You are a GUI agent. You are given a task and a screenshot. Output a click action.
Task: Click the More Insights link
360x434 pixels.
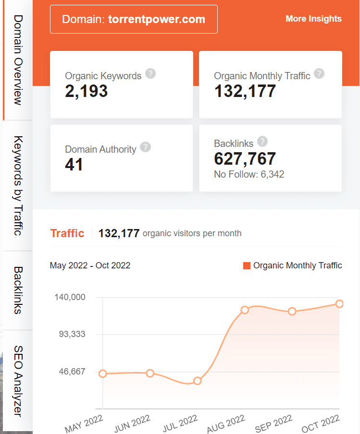[x=313, y=19]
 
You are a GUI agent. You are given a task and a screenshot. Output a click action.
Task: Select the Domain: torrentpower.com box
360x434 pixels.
[x=134, y=19]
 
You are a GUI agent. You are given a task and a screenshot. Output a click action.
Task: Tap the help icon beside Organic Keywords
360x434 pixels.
[x=151, y=73]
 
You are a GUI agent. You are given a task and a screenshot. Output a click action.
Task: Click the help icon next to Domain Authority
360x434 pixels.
[x=146, y=147]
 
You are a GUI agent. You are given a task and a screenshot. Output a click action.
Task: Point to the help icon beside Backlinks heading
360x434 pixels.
[x=262, y=141]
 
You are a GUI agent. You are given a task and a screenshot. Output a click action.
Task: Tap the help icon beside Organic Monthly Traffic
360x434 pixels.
[x=319, y=73]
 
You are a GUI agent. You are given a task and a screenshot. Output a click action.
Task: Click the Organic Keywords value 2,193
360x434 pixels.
[x=87, y=91]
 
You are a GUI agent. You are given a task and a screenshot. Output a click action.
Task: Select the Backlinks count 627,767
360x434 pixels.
[x=245, y=158]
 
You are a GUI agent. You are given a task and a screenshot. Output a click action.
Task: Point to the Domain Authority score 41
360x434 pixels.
[x=74, y=165]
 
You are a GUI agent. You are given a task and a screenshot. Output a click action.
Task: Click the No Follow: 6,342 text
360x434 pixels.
[x=249, y=174]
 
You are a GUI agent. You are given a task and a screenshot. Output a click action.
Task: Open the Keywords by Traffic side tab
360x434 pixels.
[x=18, y=186]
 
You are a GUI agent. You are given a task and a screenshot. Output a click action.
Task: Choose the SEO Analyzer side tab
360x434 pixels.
[x=18, y=381]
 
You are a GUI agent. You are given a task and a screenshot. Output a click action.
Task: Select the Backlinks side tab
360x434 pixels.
[x=18, y=290]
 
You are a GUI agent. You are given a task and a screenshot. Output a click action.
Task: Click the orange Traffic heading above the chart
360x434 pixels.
[x=67, y=233]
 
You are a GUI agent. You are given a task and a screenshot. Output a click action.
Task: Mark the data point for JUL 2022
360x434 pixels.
[x=197, y=381]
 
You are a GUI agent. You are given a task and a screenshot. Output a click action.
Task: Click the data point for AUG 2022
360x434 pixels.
[x=245, y=310]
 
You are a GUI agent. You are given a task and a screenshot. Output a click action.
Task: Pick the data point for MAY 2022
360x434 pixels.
[x=102, y=374]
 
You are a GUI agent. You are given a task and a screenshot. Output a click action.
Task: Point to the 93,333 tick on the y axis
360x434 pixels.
[x=71, y=334]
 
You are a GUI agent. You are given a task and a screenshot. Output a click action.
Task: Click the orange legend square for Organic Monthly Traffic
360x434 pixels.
[x=247, y=265]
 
